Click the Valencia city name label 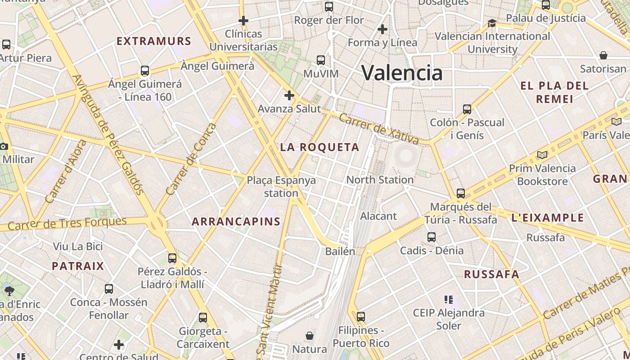402,73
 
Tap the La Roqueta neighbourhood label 320,147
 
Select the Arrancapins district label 236,221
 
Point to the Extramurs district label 154,41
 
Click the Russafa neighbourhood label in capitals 492,274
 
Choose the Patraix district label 78,266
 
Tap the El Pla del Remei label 554,92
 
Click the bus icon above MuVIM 321,60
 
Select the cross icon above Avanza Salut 289,95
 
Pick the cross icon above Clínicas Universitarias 243,21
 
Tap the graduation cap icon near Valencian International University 492,23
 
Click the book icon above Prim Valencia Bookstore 543,155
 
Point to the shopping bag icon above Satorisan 603,55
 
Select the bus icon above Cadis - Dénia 432,237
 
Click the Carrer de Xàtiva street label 379,129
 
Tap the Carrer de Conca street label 191,160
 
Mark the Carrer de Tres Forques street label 67,223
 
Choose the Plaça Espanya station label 281,186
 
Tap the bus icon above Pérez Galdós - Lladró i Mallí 172,258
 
